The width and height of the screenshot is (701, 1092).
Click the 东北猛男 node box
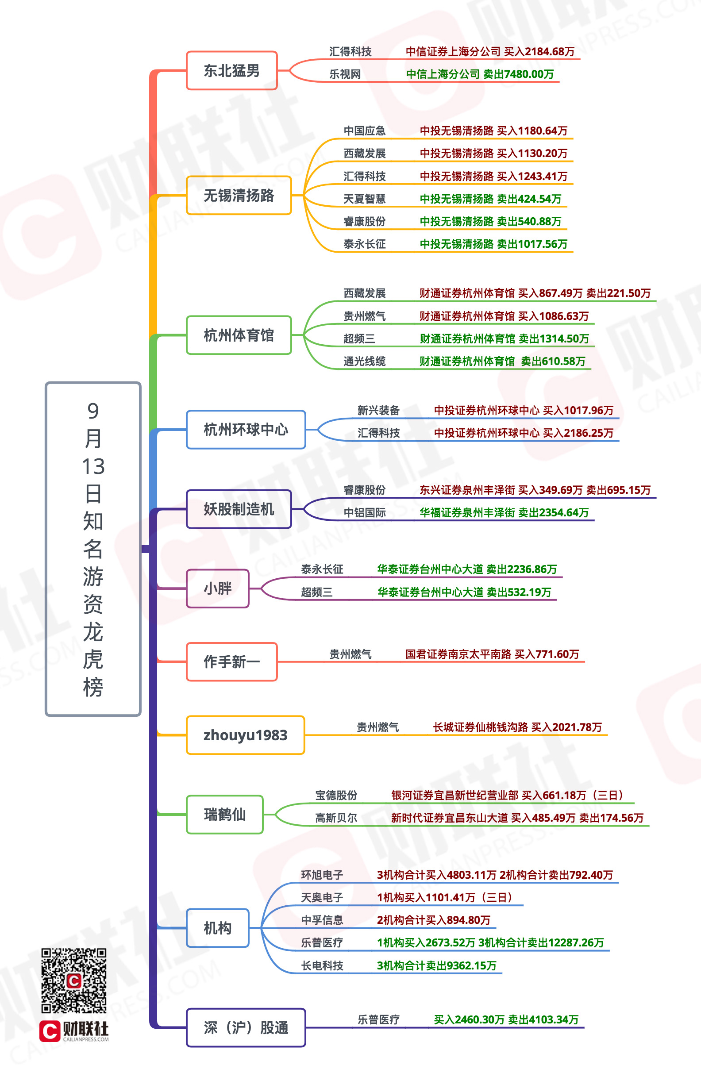pyautogui.click(x=232, y=70)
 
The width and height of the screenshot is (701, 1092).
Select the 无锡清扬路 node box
pyautogui.click(x=239, y=195)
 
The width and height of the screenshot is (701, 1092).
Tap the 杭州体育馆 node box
pyautogui.click(x=239, y=335)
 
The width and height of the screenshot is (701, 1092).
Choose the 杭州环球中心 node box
pyautogui.click(x=246, y=430)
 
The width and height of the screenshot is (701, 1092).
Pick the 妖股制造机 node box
pyautogui.click(x=239, y=509)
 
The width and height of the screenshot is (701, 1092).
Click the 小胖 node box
pyautogui.click(x=218, y=589)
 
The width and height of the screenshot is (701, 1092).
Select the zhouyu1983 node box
pyautogui.click(x=245, y=735)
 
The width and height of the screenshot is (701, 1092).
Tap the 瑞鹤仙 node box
pyautogui.click(x=224, y=815)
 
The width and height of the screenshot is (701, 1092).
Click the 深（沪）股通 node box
pyautogui.click(x=246, y=1028)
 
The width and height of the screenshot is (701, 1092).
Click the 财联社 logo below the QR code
pyautogui.click(x=74, y=1031)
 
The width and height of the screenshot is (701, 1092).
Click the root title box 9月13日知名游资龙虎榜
pyautogui.click(x=93, y=549)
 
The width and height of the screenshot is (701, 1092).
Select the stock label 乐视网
pyautogui.click(x=345, y=74)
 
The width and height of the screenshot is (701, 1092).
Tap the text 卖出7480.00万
pyautogui.click(x=519, y=74)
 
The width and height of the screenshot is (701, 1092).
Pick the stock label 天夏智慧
pyautogui.click(x=364, y=199)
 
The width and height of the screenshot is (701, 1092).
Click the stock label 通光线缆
pyautogui.click(x=364, y=361)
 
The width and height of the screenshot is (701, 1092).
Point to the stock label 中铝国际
pyautogui.click(x=364, y=513)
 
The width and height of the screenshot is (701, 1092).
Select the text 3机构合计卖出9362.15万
pyautogui.click(x=436, y=965)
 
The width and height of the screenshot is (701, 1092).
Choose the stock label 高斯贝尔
pyautogui.click(x=336, y=818)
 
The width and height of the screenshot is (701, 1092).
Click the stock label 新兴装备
pyautogui.click(x=378, y=411)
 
